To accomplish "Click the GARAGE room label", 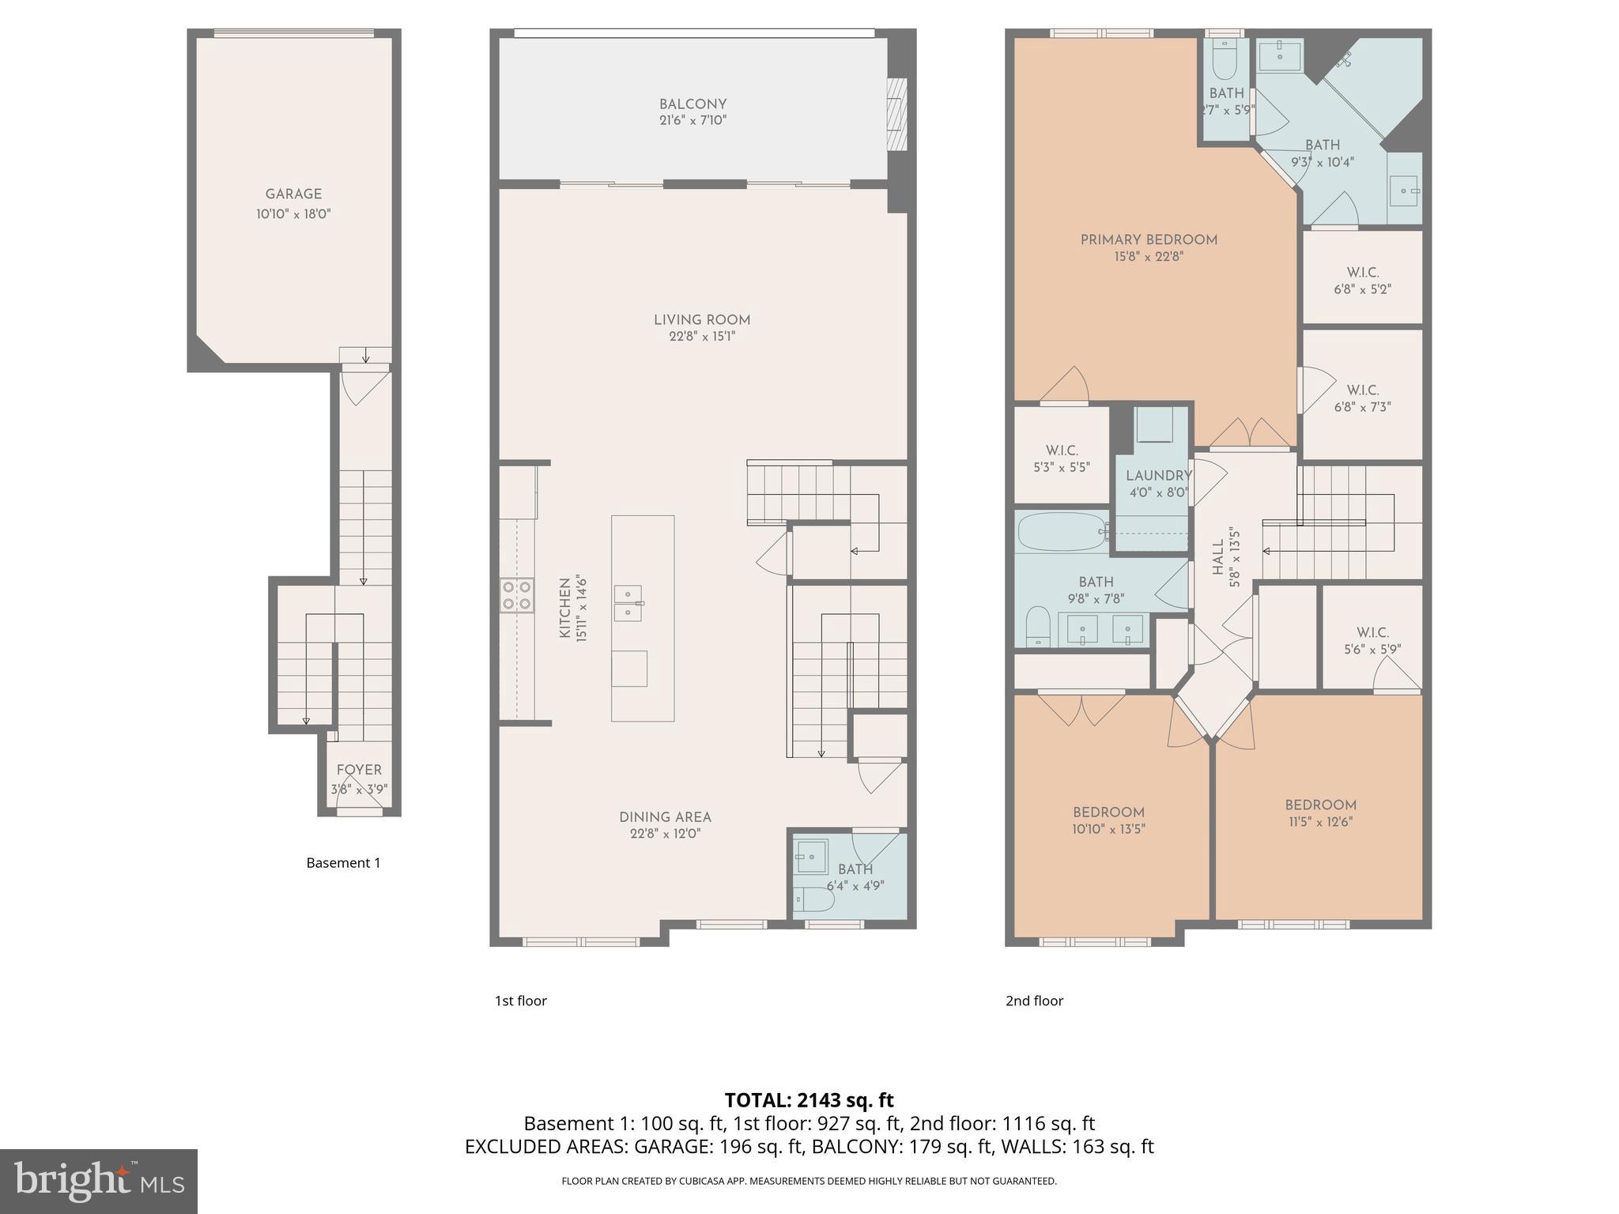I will coord(293,194).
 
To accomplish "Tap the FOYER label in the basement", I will coord(359,770).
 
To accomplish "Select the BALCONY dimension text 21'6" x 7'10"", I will coord(693,121).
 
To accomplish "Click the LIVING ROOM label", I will coord(702,320).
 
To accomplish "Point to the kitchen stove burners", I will coord(516,595).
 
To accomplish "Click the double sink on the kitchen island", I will coord(628,603).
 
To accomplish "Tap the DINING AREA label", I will coord(665,817).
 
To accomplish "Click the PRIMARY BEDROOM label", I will coord(1149,239).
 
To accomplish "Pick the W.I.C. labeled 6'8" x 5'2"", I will coord(1362,281).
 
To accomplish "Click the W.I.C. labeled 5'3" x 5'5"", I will coord(1062,458).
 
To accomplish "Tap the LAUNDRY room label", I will coord(1158,476).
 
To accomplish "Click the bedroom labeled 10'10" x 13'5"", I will coord(1108,820).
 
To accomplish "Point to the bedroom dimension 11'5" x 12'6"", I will coord(1320,822).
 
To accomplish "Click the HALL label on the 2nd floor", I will coord(1218,557).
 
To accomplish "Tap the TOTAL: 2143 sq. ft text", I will coord(809,1100).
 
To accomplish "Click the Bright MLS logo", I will coord(99,1182).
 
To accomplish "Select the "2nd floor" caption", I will coord(1034,1001).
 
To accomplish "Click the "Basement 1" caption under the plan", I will coord(343,863).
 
